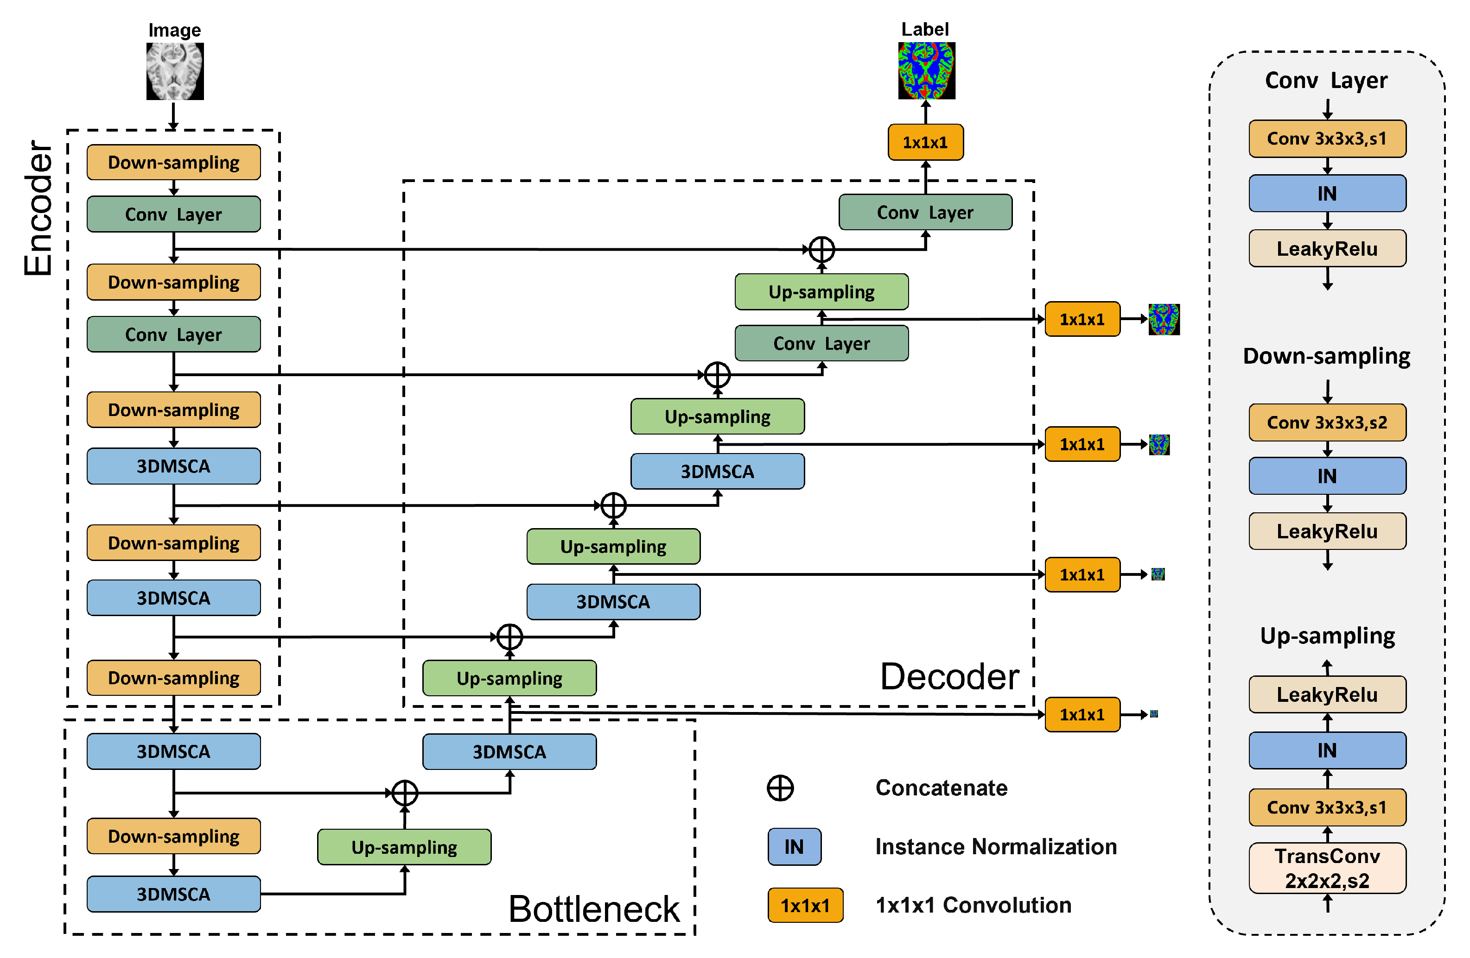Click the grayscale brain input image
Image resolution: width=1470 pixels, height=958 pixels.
(175, 71)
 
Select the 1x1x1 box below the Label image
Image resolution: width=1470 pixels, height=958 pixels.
(925, 142)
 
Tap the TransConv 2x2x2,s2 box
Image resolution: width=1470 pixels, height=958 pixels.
(1327, 867)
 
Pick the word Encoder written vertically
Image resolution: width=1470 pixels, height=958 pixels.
(38, 208)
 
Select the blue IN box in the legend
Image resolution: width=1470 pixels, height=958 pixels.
(794, 846)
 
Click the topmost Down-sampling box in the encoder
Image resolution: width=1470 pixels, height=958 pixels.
(173, 162)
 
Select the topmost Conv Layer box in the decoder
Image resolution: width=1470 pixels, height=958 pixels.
(925, 212)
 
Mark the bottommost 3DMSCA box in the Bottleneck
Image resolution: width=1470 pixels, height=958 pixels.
(173, 893)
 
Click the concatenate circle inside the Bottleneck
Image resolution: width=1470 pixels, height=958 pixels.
(405, 793)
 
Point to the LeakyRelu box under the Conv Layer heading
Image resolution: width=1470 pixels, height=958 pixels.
(1327, 249)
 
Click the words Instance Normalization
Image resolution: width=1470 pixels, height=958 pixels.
(996, 846)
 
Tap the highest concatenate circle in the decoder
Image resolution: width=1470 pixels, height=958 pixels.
(821, 249)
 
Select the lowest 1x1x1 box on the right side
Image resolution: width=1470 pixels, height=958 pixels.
(1082, 714)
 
